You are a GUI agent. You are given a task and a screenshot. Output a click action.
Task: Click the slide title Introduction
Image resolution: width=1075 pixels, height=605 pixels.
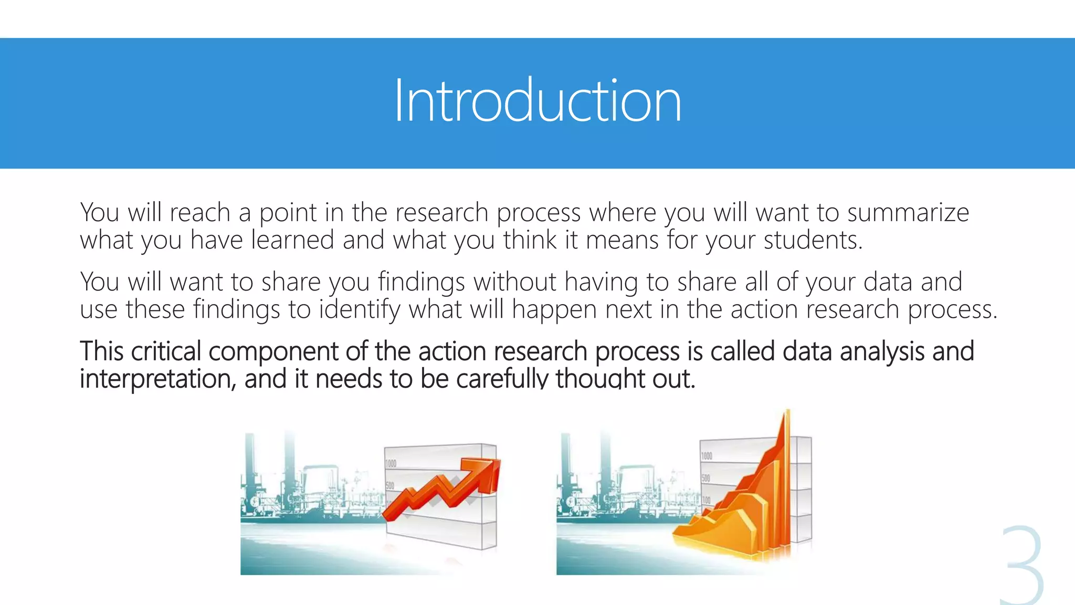(x=537, y=101)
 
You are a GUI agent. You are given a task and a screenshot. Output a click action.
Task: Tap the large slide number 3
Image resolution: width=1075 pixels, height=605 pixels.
(x=1021, y=565)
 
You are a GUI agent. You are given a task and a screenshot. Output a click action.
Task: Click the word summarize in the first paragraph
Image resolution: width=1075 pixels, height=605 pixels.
(x=908, y=213)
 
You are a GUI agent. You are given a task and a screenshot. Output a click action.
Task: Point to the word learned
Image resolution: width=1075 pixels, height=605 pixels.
(x=292, y=241)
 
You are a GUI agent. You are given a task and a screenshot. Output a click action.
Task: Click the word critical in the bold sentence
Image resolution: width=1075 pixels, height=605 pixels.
(x=166, y=351)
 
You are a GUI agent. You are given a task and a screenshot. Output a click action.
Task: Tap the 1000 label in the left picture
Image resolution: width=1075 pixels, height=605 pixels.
(x=391, y=464)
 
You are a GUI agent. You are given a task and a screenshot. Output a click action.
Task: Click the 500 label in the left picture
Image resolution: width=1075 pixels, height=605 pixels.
(x=390, y=486)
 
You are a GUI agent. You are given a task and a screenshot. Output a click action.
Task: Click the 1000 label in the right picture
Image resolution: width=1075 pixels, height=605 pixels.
(x=707, y=456)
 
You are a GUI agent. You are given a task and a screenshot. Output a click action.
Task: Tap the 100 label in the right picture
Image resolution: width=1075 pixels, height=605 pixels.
(x=706, y=500)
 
